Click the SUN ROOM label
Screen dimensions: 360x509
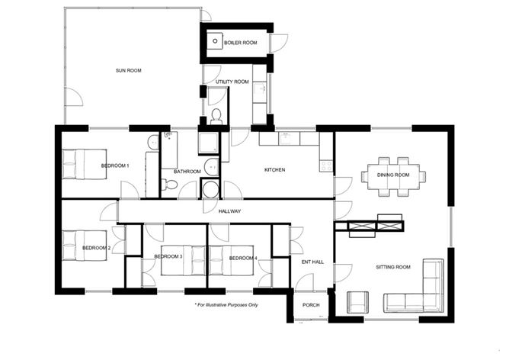tap(129, 71)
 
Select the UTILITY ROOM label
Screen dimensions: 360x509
tap(232, 82)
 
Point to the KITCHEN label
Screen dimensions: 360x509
tap(274, 169)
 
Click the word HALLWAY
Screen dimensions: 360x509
tap(229, 211)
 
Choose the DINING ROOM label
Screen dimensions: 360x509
tap(393, 175)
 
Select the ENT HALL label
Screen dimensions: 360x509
tap(313, 262)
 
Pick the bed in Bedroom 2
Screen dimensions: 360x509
tap(78, 246)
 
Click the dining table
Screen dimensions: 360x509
tap(393, 175)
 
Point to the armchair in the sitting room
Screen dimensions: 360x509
tap(358, 301)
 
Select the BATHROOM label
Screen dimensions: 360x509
tap(187, 172)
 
